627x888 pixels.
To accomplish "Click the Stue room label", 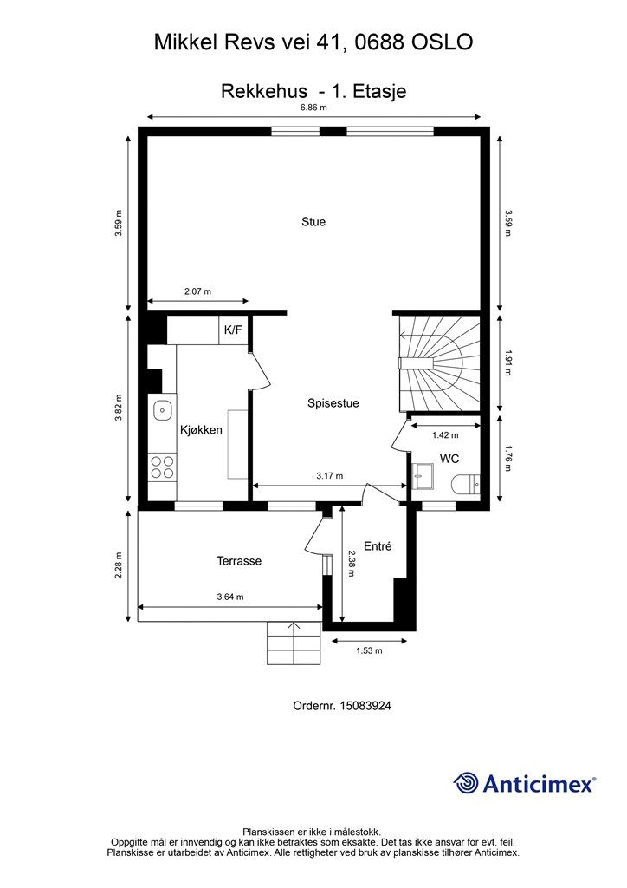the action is coord(313,222).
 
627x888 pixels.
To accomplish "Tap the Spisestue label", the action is coord(333,403).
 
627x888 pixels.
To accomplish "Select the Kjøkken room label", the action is coord(201,430).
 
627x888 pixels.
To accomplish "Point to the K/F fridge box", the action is coord(234,330).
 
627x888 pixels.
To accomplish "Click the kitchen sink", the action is coord(163,409).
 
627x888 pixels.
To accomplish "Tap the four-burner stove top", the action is coord(162,467).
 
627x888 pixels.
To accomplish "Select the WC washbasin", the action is coord(422,476).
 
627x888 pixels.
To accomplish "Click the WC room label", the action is coord(449,459).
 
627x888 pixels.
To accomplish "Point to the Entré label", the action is coord(378,546).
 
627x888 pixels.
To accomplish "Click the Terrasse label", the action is coord(239,561).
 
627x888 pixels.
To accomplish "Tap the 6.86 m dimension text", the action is coord(313,107).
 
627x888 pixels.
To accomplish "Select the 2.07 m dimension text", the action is coord(197,291).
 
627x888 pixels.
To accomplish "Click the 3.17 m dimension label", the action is coord(330,476).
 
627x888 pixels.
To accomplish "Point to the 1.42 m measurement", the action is coord(445,435).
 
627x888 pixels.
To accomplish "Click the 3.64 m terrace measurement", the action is coord(230,597).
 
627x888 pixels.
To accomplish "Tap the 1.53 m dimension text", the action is coord(369,650).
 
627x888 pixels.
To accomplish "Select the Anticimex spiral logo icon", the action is coord(466,783).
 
